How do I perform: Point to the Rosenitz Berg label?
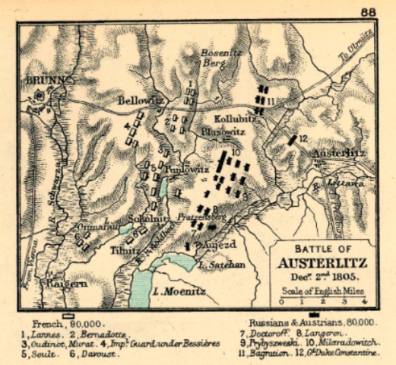(219, 58)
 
